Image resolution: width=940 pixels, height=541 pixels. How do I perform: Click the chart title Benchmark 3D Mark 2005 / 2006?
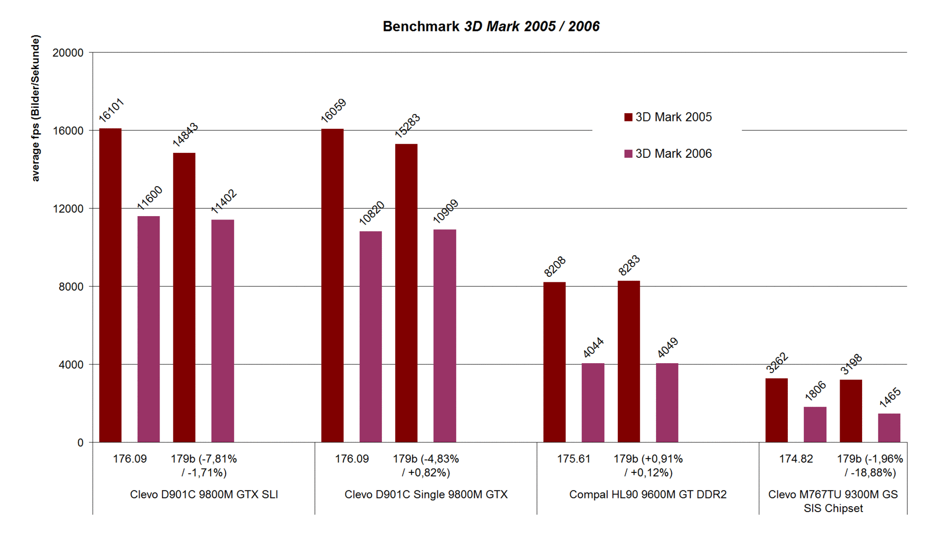(491, 26)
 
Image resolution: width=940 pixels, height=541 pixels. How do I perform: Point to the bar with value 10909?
(445, 336)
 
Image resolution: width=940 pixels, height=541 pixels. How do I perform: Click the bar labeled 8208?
(554, 362)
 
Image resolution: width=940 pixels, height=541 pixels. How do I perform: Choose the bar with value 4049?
(667, 403)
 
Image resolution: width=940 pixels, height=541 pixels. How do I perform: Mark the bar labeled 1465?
(889, 428)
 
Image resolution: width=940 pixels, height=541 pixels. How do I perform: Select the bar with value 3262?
(776, 410)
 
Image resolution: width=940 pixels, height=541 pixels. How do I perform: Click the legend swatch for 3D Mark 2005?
(628, 117)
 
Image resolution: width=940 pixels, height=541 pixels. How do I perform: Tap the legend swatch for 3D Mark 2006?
(628, 154)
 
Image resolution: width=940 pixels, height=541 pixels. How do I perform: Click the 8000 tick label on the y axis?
(71, 287)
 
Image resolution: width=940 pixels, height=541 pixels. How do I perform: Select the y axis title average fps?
(35, 108)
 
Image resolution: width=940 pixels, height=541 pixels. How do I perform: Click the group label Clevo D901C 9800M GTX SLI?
(204, 494)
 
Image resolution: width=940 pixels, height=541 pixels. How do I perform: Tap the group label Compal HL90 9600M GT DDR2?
(648, 494)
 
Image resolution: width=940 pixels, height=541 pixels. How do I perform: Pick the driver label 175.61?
(573, 459)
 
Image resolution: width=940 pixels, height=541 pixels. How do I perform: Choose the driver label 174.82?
(796, 459)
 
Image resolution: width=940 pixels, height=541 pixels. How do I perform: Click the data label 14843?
(185, 135)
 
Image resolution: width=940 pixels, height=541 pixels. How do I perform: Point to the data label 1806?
(815, 391)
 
